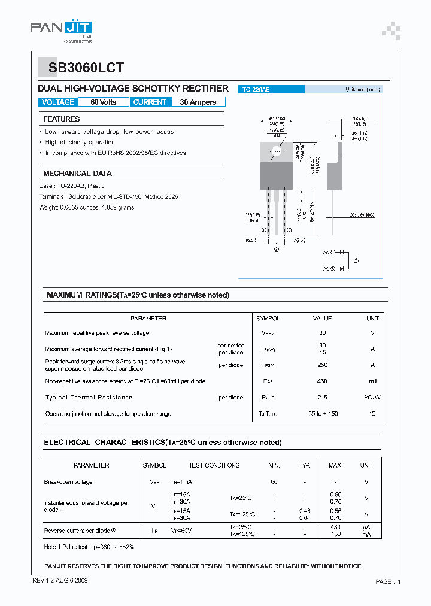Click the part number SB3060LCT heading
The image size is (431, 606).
tap(82, 68)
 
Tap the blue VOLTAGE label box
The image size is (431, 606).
tap(58, 102)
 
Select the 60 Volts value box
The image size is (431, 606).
tap(104, 102)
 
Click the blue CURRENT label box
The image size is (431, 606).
tap(150, 102)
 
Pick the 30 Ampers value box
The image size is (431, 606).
tap(198, 102)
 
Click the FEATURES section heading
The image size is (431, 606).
tap(62, 119)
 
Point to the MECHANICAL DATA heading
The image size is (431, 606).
tap(77, 174)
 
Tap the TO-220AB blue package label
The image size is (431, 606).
tap(256, 89)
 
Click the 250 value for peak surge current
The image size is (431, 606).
tap(322, 365)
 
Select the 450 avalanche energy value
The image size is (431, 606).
tap(322, 381)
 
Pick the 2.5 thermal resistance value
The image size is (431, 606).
tap(322, 398)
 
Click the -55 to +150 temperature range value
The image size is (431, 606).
tap(322, 414)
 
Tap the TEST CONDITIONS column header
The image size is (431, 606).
tap(214, 465)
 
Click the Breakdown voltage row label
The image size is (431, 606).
tap(68, 482)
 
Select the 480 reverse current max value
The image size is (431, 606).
tap(335, 527)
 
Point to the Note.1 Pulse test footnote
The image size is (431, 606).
tap(89, 547)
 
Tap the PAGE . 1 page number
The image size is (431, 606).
tap(388, 581)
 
